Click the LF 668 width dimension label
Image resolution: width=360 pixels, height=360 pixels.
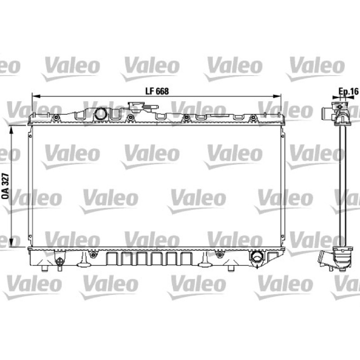point(157,91)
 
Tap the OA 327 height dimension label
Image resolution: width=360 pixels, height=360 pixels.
point(5,186)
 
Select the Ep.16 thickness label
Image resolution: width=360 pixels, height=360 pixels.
point(348,92)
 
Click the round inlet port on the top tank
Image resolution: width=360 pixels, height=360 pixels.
point(100,113)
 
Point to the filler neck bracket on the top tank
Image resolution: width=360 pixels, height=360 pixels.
point(143,107)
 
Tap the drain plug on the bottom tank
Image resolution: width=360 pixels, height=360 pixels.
point(60,262)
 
